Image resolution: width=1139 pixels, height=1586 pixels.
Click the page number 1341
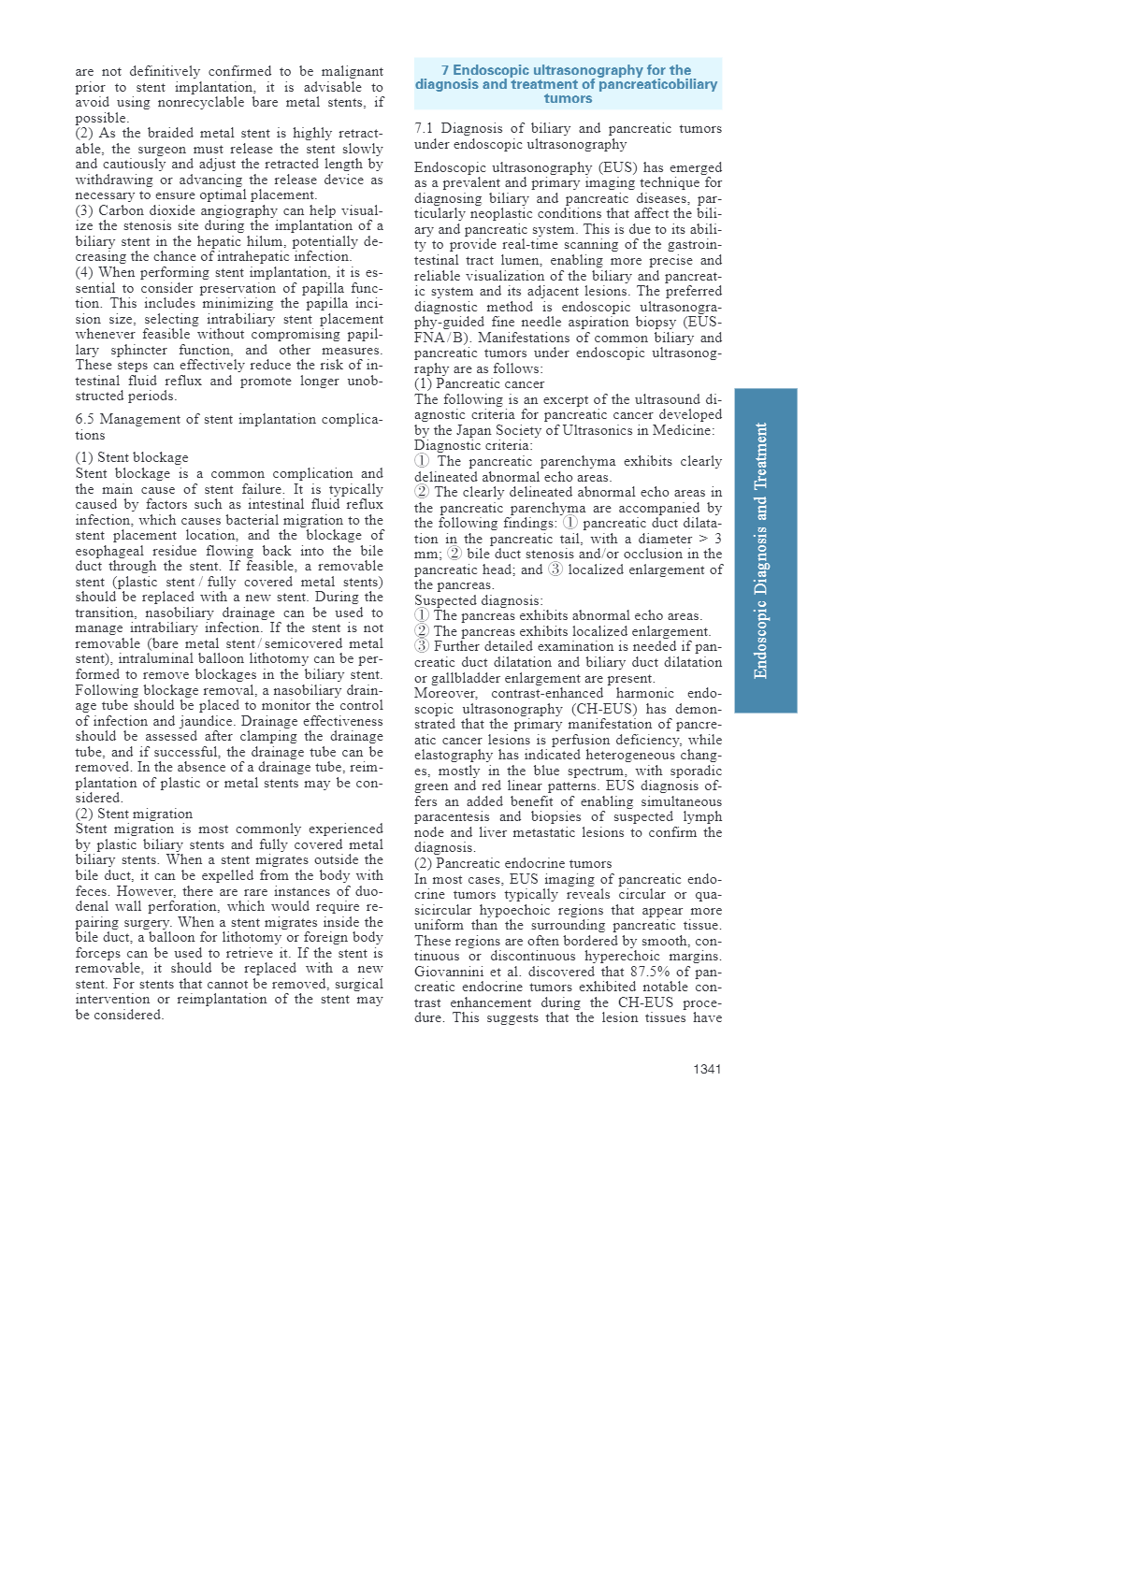click(x=706, y=1069)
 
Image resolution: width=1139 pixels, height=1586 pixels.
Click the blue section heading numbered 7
click(x=567, y=84)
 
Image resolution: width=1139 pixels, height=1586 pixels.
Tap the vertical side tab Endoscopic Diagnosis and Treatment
click(x=765, y=550)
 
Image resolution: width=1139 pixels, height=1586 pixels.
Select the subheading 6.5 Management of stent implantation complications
click(x=228, y=426)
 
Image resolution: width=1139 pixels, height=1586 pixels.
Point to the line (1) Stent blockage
click(x=132, y=457)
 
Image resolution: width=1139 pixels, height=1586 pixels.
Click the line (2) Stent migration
click(x=134, y=814)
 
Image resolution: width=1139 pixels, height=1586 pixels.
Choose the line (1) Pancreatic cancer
click(x=479, y=383)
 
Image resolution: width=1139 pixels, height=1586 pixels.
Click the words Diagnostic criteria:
click(x=473, y=445)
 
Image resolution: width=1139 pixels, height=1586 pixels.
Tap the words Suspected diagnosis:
click(x=478, y=600)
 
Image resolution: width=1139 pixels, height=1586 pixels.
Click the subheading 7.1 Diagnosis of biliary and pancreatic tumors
click(x=568, y=136)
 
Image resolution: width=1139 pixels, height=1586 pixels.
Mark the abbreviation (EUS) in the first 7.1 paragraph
click(x=618, y=167)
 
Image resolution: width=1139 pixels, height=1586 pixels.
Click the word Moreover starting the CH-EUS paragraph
click(x=445, y=693)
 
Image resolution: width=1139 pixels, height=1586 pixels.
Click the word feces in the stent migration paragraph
click(x=93, y=891)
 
